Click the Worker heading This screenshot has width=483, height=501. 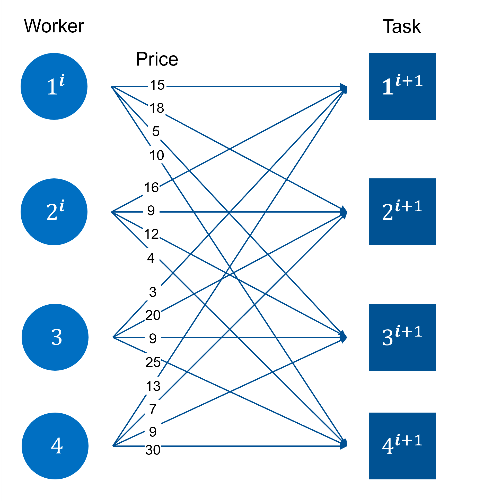[54, 26]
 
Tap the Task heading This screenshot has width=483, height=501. [402, 27]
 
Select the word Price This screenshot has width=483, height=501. [157, 59]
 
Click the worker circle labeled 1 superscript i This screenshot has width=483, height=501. [54, 86]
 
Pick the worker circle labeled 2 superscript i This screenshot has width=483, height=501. [54, 212]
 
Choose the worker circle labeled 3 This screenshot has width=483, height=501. [55, 337]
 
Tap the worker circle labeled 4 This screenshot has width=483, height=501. [55, 446]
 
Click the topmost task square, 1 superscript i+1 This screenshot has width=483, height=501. [402, 86]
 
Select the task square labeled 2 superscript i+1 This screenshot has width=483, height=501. [402, 212]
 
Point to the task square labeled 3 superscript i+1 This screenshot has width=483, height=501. [402, 337]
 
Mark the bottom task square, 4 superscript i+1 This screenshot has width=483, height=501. [402, 446]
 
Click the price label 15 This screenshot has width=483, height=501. [157, 85]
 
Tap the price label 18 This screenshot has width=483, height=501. [157, 108]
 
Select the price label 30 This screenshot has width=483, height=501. [153, 450]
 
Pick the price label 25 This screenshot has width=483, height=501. [153, 362]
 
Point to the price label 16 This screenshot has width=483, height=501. [151, 188]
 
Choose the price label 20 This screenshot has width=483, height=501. [153, 315]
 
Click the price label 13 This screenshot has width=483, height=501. [153, 386]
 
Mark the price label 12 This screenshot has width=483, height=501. [151, 234]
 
